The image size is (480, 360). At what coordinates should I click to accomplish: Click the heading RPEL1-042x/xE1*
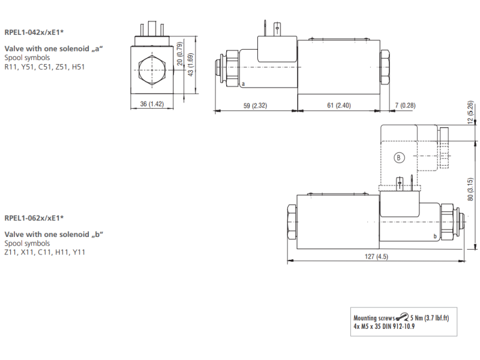pos(34,32)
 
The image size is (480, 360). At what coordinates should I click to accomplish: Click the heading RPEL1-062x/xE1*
pos(34,217)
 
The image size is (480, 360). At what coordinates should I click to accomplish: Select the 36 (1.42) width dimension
pos(152,104)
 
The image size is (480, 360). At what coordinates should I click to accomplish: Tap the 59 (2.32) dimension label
pos(255,106)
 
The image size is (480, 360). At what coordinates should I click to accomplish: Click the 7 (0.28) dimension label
pos(405,106)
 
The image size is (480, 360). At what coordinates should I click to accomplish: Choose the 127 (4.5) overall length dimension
pos(377,257)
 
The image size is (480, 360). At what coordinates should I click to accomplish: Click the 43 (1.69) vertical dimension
pos(191,67)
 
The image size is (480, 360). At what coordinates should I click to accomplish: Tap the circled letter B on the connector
pos(399,158)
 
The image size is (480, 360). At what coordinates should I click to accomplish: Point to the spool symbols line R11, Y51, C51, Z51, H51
pos(44,67)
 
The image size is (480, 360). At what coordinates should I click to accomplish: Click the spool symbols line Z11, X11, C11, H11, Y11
pos(44,252)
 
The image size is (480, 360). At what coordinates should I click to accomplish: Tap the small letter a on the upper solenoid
pos(243,86)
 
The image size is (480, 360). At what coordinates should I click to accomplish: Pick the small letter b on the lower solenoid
pos(434,238)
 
